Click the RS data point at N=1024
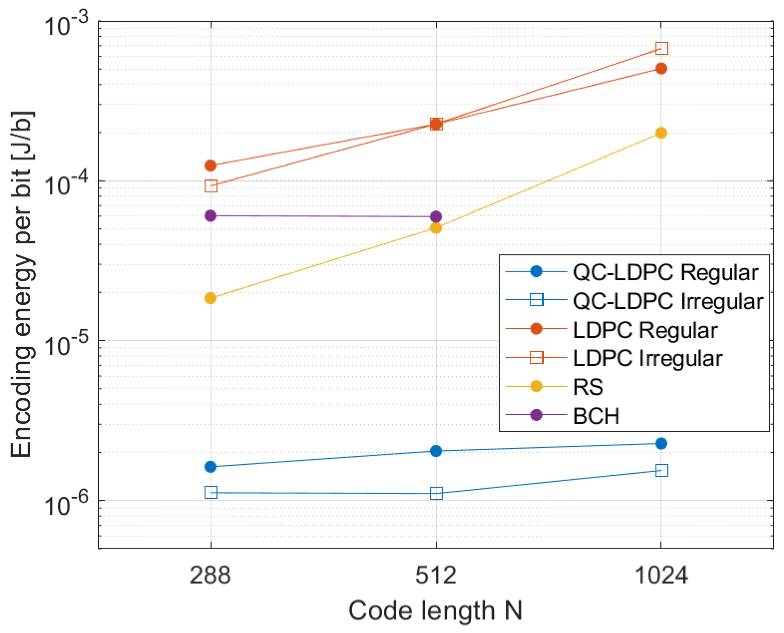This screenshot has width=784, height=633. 661,133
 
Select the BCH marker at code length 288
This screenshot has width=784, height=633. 211,216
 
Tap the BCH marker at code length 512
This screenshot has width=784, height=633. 436,217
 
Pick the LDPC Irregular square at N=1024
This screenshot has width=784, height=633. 662,48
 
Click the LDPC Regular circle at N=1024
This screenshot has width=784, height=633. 661,68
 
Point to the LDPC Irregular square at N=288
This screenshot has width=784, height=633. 211,186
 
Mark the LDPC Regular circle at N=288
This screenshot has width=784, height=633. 211,166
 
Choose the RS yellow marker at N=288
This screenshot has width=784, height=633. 211,298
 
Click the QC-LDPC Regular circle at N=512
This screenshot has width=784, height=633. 436,451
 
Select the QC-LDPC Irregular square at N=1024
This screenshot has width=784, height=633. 662,470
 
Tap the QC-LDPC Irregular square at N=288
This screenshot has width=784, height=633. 211,492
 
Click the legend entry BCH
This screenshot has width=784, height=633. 596,416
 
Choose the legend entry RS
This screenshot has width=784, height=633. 587,387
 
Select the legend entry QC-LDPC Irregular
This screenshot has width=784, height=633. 668,301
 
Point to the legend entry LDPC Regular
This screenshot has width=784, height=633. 645,330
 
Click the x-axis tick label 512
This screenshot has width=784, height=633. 436,576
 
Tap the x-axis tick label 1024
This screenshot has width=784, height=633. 661,576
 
